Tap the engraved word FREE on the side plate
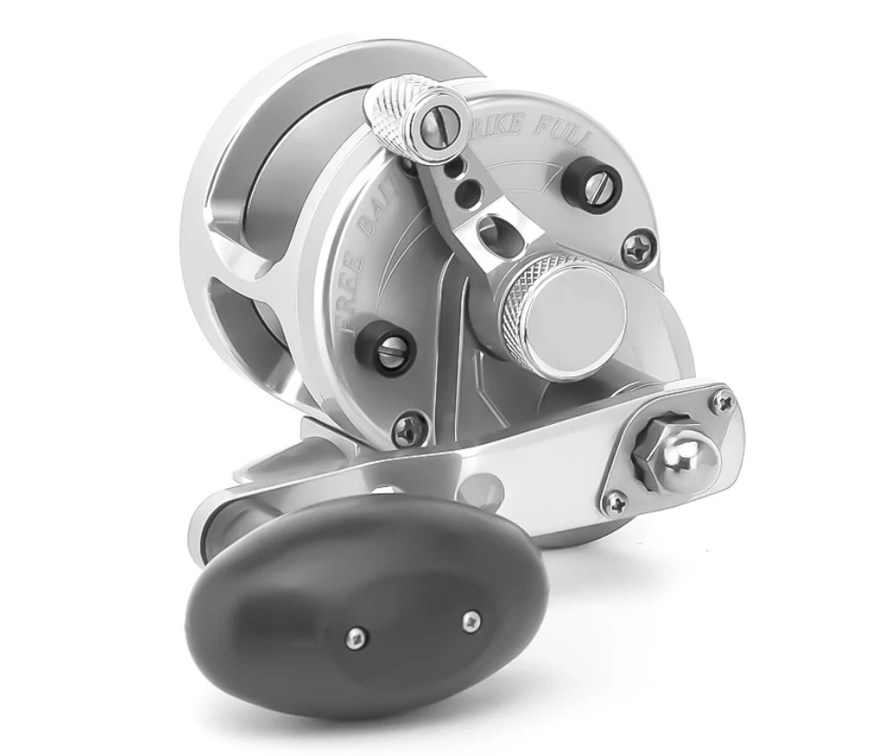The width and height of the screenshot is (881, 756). pyautogui.click(x=348, y=287)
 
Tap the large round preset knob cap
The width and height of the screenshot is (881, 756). pyautogui.click(x=579, y=312)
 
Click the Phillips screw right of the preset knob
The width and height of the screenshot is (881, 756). pyautogui.click(x=640, y=245)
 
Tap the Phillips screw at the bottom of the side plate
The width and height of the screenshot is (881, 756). pyautogui.click(x=413, y=424)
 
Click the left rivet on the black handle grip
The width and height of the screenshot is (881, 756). pyautogui.click(x=359, y=637)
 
